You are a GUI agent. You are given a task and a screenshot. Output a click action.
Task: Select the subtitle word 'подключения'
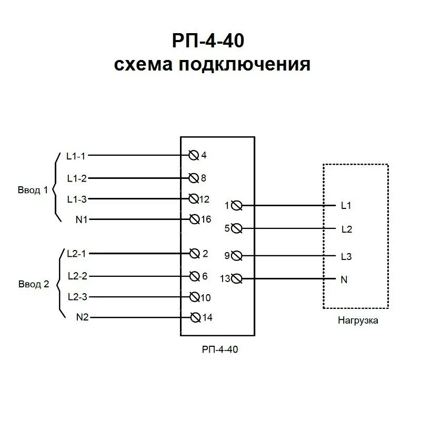(x=245, y=65)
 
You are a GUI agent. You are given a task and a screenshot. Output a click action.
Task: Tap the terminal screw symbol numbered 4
(x=194, y=155)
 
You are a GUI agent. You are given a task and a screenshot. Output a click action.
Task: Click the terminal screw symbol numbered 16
(x=194, y=219)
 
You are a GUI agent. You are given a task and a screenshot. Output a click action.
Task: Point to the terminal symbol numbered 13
(x=237, y=279)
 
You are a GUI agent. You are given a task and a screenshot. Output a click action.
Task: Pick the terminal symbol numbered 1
(x=236, y=205)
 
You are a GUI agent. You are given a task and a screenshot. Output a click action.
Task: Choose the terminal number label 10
(x=205, y=298)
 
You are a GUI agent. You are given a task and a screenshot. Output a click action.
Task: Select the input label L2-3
(x=77, y=297)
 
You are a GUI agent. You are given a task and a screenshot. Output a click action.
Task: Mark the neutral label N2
(x=82, y=317)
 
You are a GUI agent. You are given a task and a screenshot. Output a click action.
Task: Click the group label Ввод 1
(x=33, y=190)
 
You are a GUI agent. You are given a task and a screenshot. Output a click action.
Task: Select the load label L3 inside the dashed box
(x=346, y=257)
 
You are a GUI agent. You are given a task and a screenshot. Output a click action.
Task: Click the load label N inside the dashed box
(x=344, y=279)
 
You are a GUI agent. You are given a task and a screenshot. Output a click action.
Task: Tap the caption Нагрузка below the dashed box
(x=358, y=320)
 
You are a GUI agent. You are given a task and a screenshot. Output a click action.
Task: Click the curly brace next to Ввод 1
(x=56, y=188)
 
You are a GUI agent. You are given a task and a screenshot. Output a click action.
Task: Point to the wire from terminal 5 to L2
(x=289, y=229)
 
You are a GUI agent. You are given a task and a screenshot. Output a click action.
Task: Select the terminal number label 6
(x=205, y=276)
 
